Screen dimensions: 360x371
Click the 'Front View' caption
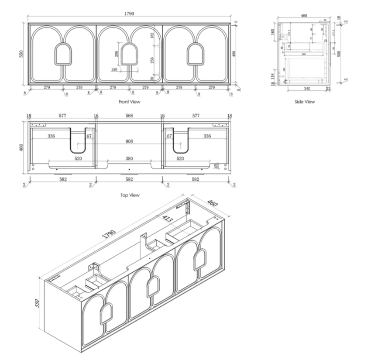(129, 102)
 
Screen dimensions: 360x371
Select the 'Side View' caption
(304, 102)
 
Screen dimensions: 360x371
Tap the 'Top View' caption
(129, 195)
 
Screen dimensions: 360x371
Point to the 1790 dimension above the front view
(129, 14)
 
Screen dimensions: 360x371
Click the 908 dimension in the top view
(129, 141)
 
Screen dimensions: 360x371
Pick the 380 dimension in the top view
(129, 159)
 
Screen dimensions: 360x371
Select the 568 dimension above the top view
(129, 116)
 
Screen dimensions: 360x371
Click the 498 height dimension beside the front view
(234, 53)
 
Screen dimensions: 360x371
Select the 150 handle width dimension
(114, 69)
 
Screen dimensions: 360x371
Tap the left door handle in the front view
(62, 54)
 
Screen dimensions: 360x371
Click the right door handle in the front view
(196, 54)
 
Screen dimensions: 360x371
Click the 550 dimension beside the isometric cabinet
(38, 303)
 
